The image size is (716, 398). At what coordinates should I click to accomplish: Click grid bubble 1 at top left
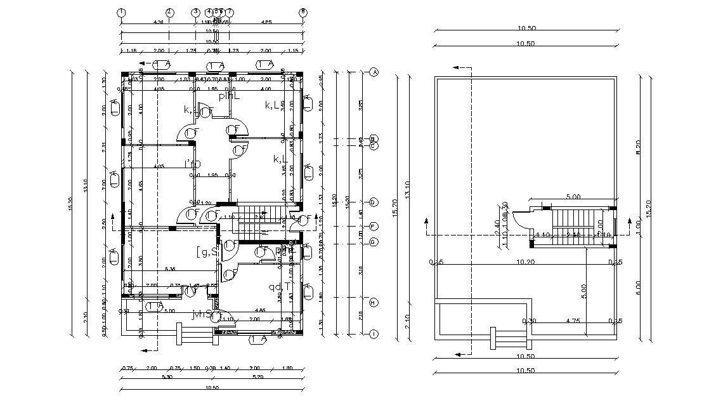[121, 12]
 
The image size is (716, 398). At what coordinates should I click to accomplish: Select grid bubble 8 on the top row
[303, 12]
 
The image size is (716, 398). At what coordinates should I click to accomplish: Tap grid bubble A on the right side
[374, 72]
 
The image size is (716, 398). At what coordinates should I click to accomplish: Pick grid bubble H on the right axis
[374, 302]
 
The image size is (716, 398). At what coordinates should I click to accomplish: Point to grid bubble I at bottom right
[374, 334]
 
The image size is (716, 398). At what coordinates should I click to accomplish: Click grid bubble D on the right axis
[374, 202]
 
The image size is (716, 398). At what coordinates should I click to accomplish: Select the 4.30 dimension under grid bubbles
[159, 22]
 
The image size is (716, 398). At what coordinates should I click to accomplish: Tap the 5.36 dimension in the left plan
[170, 269]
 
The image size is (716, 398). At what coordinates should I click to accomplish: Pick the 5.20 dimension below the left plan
[259, 377]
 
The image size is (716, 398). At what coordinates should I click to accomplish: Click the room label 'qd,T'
[278, 288]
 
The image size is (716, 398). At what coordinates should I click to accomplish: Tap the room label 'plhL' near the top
[229, 96]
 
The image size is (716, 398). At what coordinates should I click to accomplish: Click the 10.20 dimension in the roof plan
[524, 262]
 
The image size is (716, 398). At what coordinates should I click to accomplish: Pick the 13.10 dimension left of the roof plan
[407, 189]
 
